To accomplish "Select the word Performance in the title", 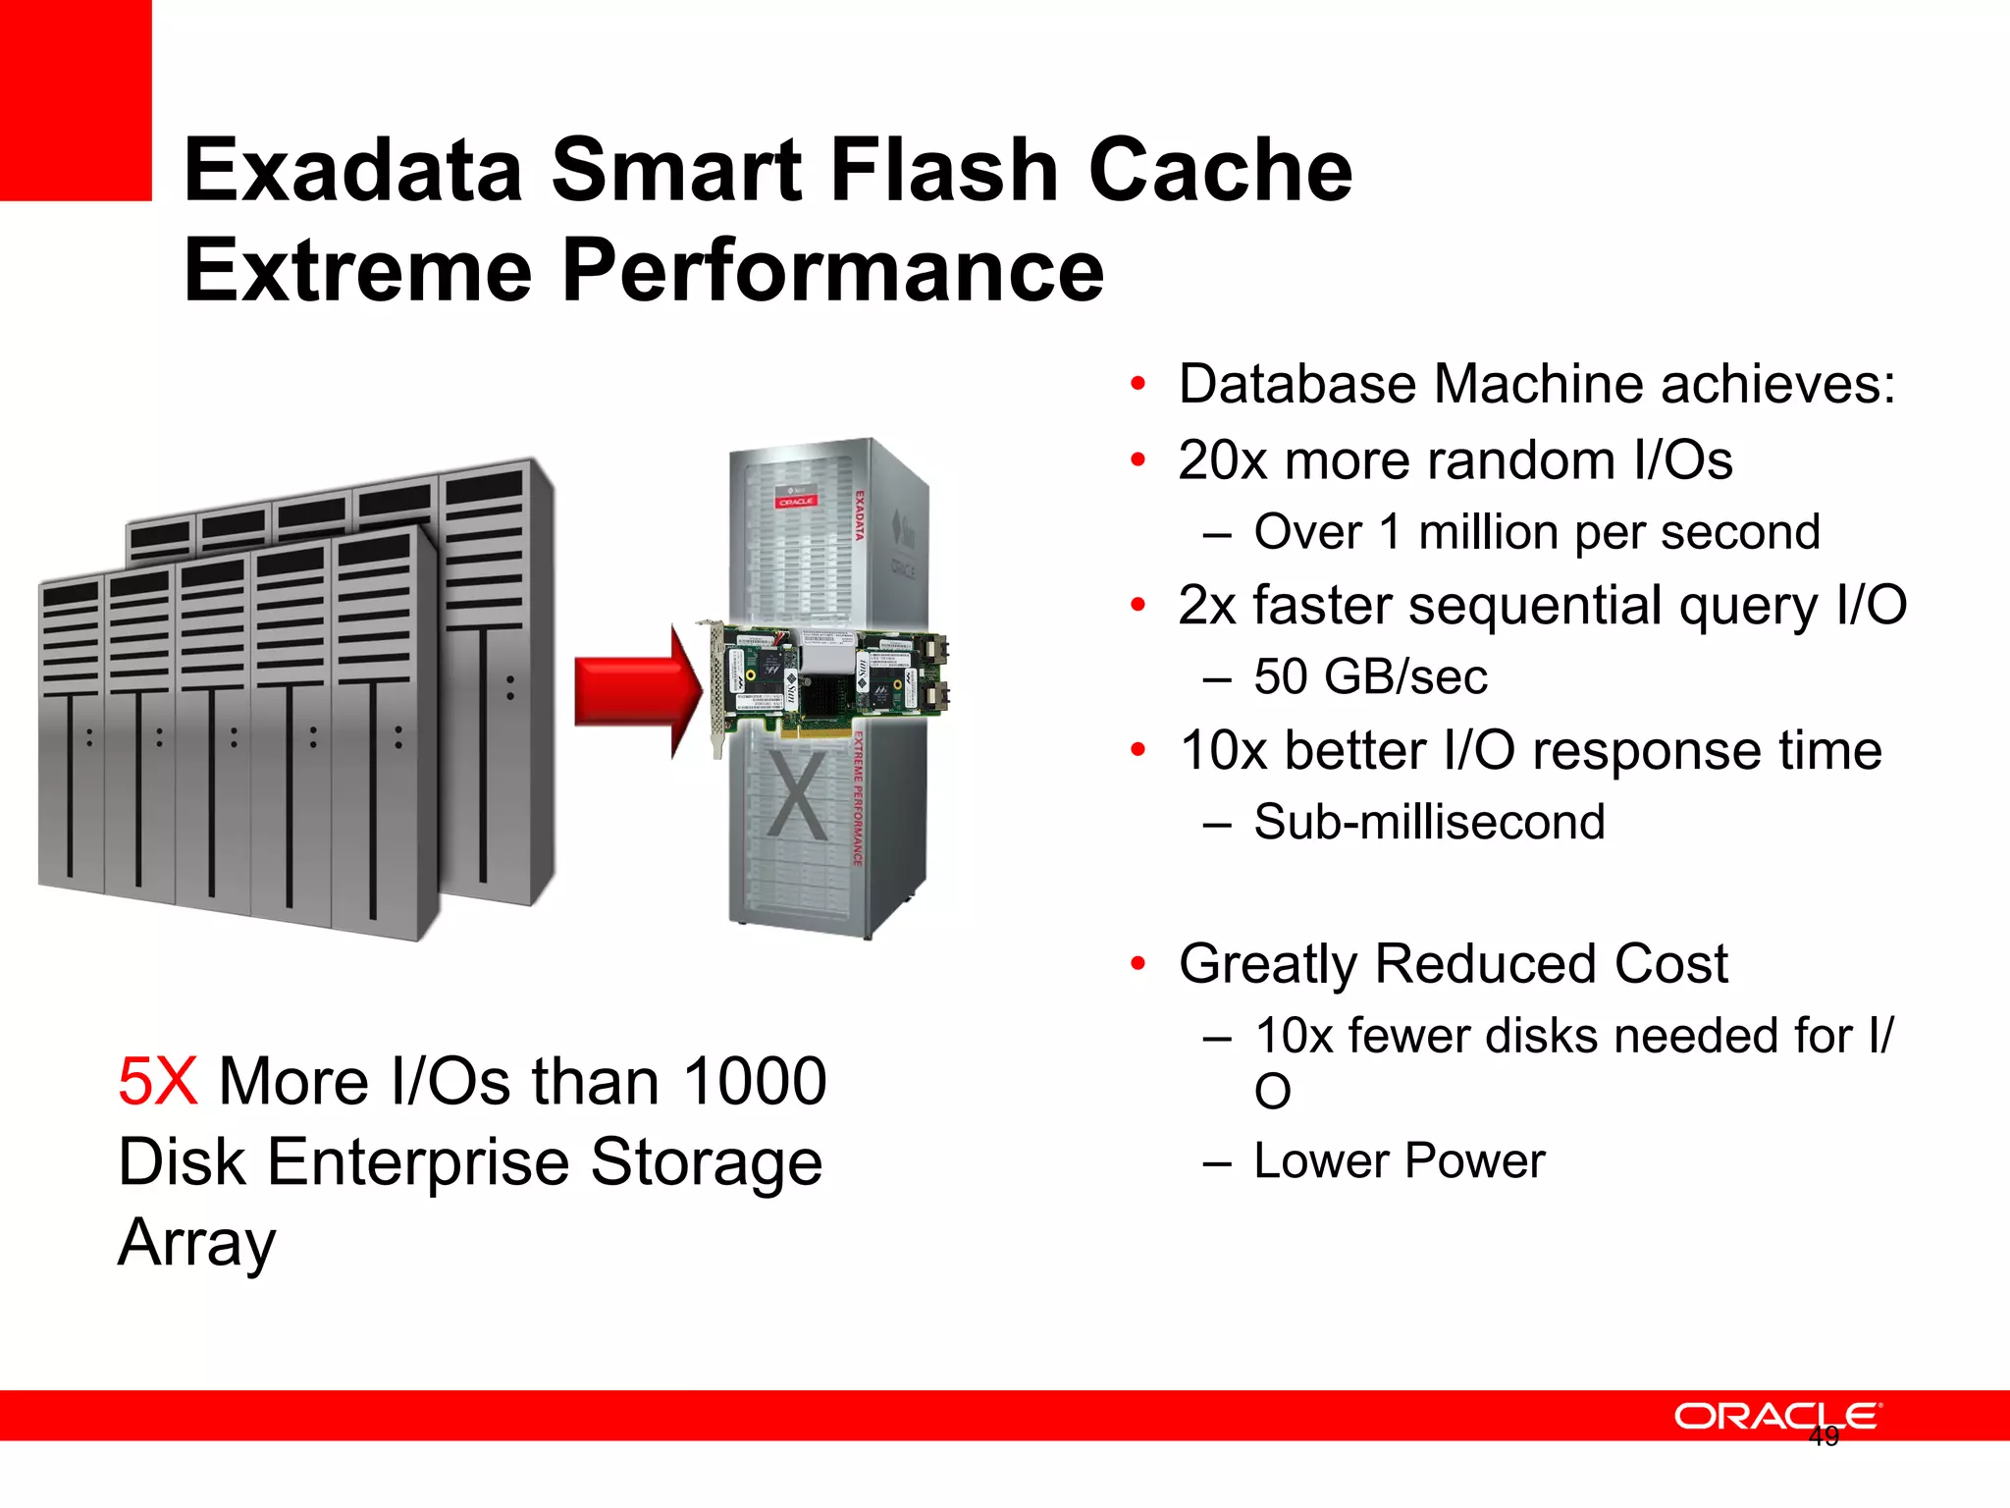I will (x=832, y=271).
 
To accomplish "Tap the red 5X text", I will (x=157, y=1082).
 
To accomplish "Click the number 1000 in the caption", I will (x=755, y=1082).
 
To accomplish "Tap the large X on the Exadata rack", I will (x=796, y=795).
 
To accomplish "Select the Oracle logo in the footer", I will (x=1776, y=1416).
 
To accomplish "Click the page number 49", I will (x=1824, y=1437).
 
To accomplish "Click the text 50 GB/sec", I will (x=1370, y=677).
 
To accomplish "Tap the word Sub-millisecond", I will (x=1429, y=822).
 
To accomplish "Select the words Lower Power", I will (x=1400, y=1161).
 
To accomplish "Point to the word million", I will (x=1489, y=533).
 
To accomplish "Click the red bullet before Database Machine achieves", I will (x=1137, y=384).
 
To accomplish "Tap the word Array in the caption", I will (x=197, y=1243).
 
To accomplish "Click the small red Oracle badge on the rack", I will (x=796, y=502).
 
